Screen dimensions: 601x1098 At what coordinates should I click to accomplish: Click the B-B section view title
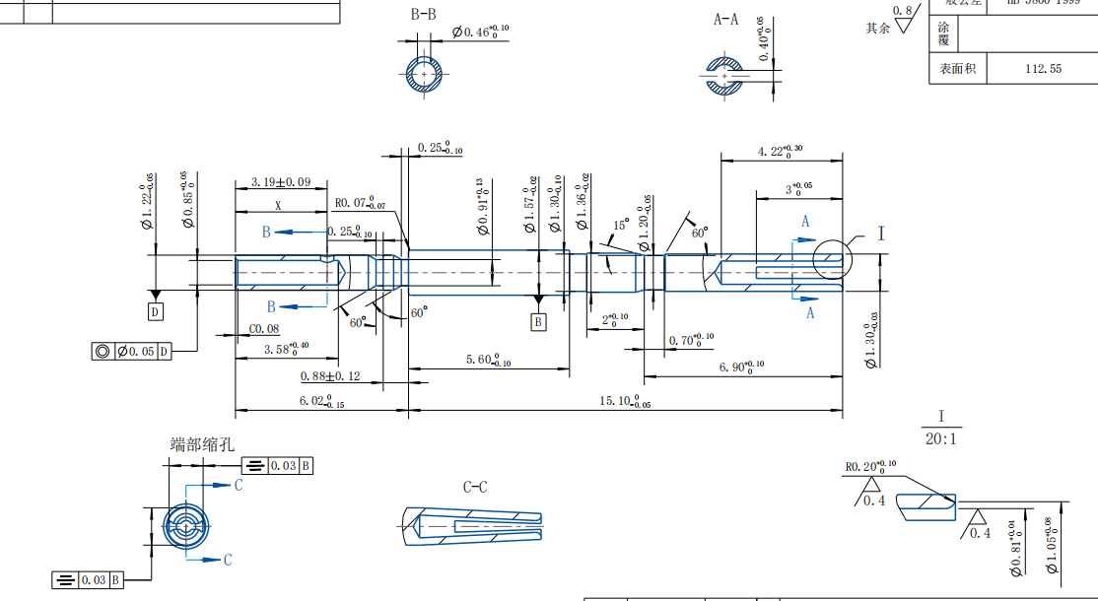[x=424, y=14]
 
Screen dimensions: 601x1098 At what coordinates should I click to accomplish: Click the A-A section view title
[x=726, y=19]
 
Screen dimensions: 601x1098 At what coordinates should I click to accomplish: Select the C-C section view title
[x=475, y=487]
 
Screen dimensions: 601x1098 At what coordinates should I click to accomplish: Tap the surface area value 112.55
[x=1043, y=69]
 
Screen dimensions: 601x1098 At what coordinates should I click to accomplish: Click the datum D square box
[x=155, y=312]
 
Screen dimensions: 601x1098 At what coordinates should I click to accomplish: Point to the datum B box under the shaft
[x=538, y=321]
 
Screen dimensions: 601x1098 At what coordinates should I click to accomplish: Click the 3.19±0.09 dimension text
[x=280, y=181]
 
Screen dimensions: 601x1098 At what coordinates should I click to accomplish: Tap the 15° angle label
[x=620, y=226]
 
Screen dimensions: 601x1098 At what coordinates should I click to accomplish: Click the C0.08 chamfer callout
[x=263, y=329]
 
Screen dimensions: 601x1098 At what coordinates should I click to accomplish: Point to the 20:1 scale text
[x=940, y=438]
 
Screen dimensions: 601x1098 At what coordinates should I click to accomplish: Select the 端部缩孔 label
[x=203, y=444]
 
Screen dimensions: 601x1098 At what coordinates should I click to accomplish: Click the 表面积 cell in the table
[x=957, y=69]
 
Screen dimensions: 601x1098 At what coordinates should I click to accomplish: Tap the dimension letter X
[x=278, y=207]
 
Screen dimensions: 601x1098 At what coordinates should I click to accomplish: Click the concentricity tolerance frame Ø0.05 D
[x=131, y=351]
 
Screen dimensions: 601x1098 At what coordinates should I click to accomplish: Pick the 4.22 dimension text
[x=780, y=151]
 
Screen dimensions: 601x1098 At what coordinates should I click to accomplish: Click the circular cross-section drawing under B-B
[x=425, y=75]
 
